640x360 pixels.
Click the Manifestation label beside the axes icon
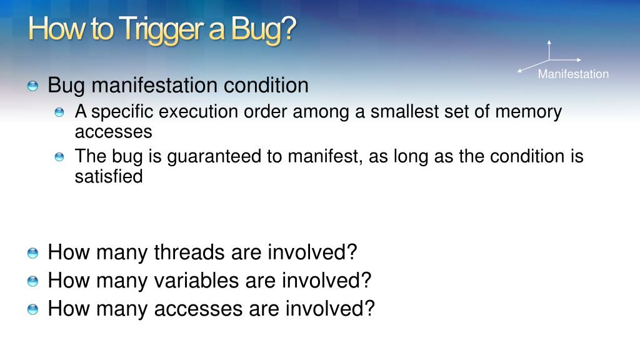click(x=573, y=74)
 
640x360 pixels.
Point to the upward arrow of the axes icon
click(x=549, y=50)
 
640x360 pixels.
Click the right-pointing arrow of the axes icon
click(x=565, y=60)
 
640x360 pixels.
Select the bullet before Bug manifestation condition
click(x=32, y=86)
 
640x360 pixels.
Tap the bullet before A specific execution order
click(x=59, y=112)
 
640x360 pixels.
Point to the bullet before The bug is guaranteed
click(x=59, y=157)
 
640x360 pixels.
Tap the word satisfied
click(x=109, y=176)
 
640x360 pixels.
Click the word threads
click(x=189, y=252)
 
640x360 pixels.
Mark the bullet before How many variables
click(x=32, y=281)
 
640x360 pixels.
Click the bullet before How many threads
click(x=32, y=252)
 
